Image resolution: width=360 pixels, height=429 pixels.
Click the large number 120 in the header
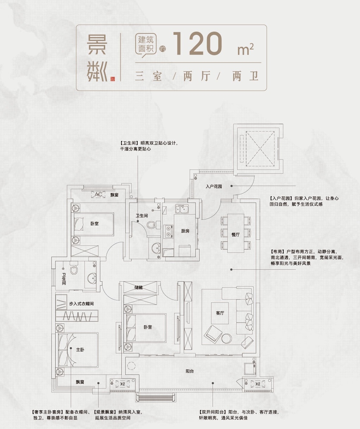click(197, 44)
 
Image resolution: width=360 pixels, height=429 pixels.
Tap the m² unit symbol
click(246, 49)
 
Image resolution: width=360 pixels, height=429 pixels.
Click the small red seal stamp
click(113, 79)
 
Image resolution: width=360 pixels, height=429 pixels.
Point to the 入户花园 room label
click(214, 186)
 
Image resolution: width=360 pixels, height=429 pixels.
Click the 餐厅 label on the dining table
click(236, 235)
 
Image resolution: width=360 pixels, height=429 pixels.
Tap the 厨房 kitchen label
click(185, 231)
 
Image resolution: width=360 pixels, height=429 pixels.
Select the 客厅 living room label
click(220, 313)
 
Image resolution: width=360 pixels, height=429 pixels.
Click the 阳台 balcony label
click(190, 371)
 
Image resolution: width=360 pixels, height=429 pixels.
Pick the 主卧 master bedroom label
click(80, 350)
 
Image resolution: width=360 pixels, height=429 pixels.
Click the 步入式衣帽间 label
click(81, 303)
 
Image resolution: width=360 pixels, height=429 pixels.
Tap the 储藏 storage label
click(138, 287)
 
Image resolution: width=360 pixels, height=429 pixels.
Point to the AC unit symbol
click(98, 194)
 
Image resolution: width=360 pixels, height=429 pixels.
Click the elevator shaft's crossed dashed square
click(260, 149)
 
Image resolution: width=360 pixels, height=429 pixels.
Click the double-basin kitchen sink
click(182, 209)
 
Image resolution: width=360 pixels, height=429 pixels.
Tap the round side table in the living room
click(227, 338)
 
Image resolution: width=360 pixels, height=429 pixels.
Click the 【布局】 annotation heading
click(277, 252)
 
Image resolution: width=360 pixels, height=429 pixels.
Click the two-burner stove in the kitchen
click(168, 231)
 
